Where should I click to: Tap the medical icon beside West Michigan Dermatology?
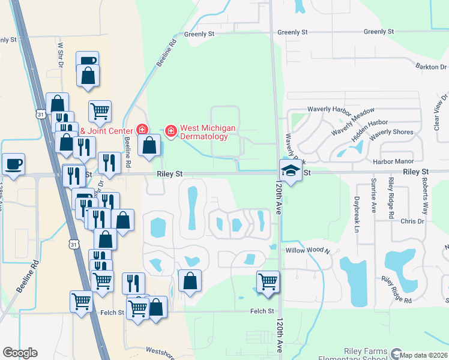coord(171,130)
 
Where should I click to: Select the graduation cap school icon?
coord(291,172)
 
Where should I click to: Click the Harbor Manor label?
coord(390,161)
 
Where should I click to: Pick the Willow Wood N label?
coord(308,250)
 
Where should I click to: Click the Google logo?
coord(20,353)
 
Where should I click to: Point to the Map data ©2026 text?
coord(424,355)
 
